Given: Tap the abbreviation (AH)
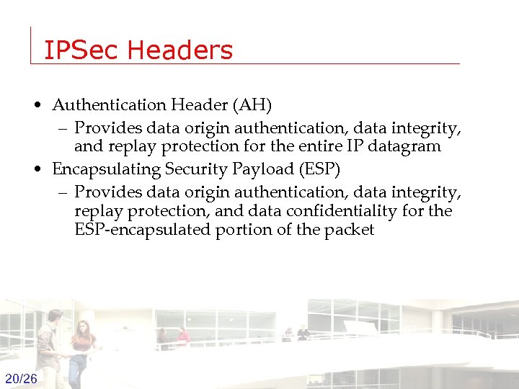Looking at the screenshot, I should point(252,105).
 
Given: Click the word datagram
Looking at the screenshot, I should point(406,146).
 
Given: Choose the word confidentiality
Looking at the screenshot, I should point(355,211).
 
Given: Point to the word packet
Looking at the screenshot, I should point(350,231).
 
